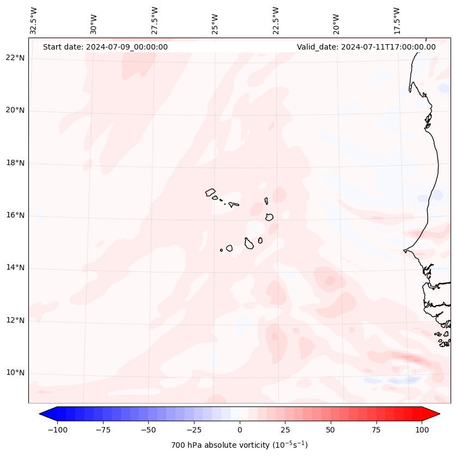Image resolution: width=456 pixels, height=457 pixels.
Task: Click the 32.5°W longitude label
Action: (x=34, y=20)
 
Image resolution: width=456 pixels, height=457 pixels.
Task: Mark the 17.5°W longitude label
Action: (x=397, y=20)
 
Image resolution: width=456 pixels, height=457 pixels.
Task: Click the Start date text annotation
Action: (x=105, y=47)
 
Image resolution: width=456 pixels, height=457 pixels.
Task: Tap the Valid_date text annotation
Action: (x=366, y=47)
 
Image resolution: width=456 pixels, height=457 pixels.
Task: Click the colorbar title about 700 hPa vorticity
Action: (x=240, y=445)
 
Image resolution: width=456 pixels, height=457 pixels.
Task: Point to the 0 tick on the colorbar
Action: (x=240, y=430)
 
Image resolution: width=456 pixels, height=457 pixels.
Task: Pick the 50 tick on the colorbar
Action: (x=331, y=430)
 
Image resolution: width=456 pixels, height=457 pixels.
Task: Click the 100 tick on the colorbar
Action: (x=422, y=430)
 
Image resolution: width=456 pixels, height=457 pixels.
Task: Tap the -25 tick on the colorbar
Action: (x=194, y=430)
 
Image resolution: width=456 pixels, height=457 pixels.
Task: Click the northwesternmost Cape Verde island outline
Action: (x=210, y=192)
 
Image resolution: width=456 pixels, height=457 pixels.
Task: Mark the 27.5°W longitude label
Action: (x=155, y=20)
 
